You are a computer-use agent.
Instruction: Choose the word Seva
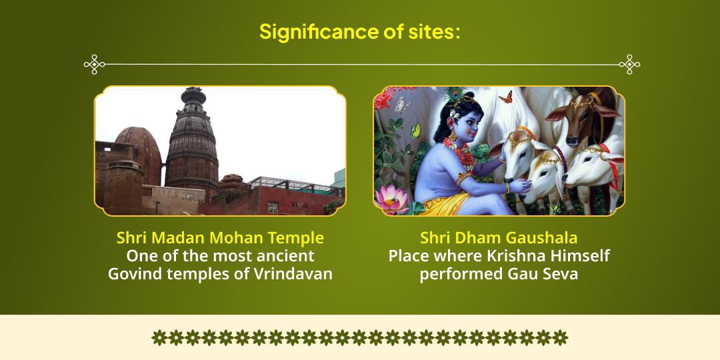560,273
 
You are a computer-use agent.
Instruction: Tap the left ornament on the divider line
95,65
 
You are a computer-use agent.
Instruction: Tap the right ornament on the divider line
629,65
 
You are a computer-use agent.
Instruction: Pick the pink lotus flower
392,198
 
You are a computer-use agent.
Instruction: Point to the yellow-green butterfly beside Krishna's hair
415,130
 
